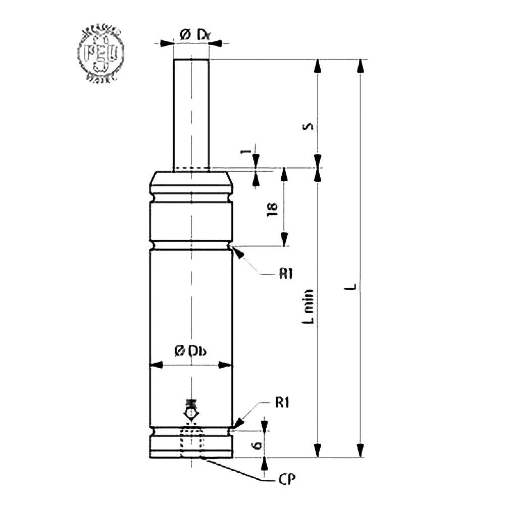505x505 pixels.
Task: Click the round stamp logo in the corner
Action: (x=100, y=55)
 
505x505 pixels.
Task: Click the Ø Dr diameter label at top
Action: (x=191, y=35)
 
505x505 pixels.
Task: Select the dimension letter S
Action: (x=311, y=125)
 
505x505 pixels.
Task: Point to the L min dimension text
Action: (x=311, y=306)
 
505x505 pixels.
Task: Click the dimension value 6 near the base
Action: (x=257, y=444)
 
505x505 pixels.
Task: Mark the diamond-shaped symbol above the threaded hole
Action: (x=191, y=413)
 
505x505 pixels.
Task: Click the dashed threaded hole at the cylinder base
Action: (x=191, y=443)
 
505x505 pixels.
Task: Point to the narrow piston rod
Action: (x=191, y=114)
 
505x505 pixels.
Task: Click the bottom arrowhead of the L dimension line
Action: (x=360, y=450)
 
